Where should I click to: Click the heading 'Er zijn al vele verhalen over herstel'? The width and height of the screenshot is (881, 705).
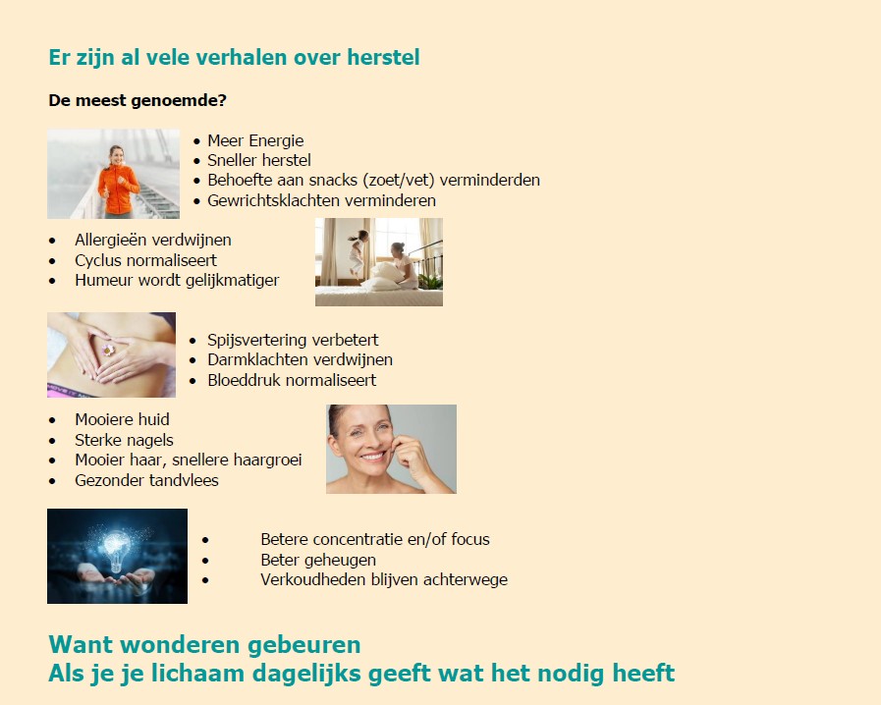click(234, 58)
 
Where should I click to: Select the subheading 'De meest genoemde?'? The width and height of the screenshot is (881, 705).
click(138, 100)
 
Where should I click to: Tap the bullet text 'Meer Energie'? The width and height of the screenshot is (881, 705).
click(255, 140)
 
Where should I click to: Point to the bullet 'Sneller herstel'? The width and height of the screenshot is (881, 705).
click(259, 160)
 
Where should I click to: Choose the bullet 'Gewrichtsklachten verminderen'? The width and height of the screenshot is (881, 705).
click(321, 200)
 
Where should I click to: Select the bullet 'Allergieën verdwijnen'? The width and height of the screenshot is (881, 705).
click(153, 240)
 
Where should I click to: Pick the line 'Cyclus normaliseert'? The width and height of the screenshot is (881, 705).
click(145, 260)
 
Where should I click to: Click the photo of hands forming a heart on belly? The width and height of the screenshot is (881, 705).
click(111, 354)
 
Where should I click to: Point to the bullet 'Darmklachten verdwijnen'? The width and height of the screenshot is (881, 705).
click(300, 360)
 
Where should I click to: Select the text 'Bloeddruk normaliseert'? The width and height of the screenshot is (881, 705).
click(292, 380)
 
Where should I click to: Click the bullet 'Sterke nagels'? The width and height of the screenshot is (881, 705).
click(124, 440)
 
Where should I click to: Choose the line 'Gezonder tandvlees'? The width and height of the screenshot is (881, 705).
click(146, 480)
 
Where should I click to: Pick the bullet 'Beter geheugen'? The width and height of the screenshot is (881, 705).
click(318, 560)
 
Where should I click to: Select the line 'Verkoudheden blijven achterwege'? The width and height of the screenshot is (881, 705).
click(384, 579)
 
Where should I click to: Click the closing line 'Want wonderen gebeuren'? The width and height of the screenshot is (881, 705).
click(204, 645)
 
